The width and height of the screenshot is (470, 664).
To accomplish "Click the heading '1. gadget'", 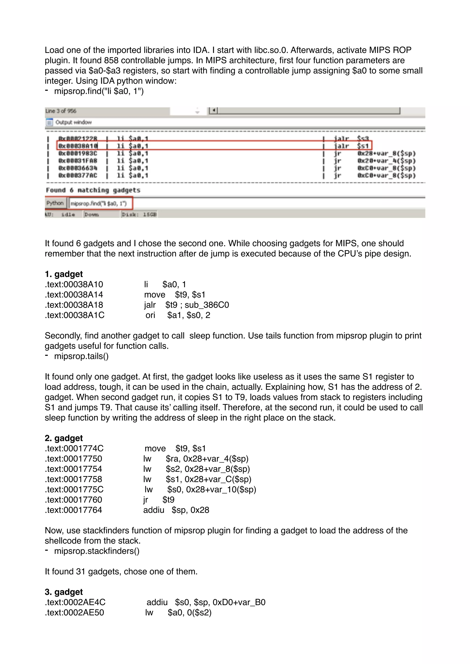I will (64, 274).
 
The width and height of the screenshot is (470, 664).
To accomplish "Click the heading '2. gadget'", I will (64, 438).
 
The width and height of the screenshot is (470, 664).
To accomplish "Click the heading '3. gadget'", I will (64, 592).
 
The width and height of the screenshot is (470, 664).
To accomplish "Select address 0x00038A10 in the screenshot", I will (78, 146).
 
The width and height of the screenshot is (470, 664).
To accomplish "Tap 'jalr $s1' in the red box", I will (351, 146).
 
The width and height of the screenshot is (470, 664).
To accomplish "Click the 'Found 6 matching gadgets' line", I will (93, 190).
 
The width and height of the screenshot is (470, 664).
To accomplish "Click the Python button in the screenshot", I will (55, 203).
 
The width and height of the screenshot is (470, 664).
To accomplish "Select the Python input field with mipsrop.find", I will (100, 203).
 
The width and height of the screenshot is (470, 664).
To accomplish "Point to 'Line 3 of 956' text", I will (61, 111).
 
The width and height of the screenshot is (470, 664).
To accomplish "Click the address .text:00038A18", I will (74, 305).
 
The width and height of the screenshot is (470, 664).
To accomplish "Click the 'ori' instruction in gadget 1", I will (150, 315).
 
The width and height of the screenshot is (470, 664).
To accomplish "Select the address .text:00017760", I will (73, 499).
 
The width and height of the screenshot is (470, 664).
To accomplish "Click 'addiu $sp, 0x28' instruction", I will (176, 510).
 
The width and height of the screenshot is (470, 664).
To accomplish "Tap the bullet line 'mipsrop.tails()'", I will (81, 356).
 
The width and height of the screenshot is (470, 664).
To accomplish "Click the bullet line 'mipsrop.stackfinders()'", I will (97, 551).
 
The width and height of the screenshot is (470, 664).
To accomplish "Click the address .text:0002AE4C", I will (75, 602).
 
